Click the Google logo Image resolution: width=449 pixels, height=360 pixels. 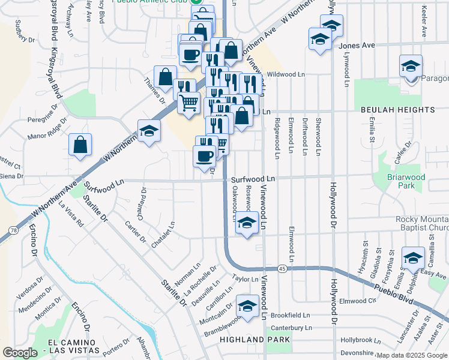click(20, 353)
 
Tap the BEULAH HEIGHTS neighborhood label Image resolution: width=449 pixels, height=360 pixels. click(398, 110)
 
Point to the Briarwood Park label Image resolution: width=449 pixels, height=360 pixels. click(398, 181)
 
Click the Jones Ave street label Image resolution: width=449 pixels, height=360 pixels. click(357, 45)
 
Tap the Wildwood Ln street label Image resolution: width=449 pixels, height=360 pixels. click(286, 74)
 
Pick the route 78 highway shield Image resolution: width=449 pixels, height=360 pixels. click(13, 229)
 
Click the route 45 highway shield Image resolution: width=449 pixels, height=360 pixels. click(282, 268)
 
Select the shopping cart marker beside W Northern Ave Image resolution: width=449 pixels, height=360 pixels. click(188, 103)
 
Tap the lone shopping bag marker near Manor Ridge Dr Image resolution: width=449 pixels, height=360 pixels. click(80, 145)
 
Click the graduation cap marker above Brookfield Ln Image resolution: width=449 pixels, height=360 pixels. click(246, 307)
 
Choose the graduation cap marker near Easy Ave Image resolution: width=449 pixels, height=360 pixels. click(412, 258)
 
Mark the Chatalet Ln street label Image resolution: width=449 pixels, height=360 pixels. click(163, 235)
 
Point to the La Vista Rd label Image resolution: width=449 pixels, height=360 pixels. click(71, 214)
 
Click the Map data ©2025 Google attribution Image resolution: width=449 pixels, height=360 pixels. click(411, 355)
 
